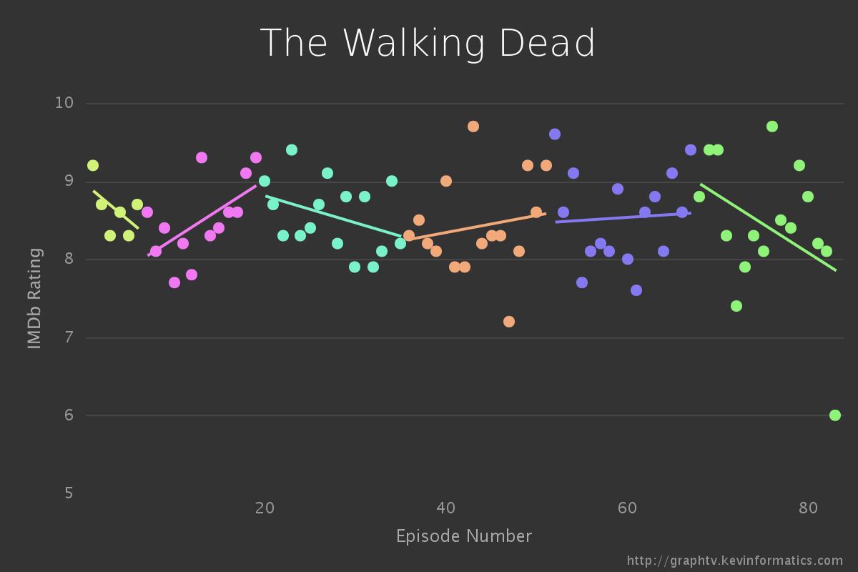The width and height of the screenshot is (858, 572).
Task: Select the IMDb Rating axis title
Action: (34, 298)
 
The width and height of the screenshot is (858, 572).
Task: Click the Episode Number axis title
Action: (464, 536)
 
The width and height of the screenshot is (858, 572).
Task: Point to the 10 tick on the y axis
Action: (64, 102)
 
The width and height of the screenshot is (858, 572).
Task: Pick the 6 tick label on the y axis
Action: (69, 415)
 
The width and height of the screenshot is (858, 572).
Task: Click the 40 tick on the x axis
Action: (445, 508)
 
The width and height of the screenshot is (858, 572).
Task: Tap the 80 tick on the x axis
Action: (808, 508)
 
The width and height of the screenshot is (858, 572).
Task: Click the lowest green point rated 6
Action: (834, 415)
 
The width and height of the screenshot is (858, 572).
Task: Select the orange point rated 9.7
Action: (473, 127)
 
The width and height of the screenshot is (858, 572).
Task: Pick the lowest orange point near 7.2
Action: (509, 322)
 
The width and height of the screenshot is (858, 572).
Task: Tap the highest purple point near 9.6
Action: (555, 134)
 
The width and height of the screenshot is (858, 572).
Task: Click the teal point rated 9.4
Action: (292, 150)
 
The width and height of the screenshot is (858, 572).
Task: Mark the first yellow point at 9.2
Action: (92, 166)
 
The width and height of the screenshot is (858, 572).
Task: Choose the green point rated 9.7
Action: (772, 127)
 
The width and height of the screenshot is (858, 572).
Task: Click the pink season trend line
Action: (202, 220)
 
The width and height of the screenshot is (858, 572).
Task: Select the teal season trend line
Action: (333, 216)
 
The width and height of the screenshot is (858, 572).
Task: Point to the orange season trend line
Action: (476, 227)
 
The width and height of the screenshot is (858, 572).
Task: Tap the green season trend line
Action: (769, 227)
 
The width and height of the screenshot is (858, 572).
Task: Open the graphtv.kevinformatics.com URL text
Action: (735, 561)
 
